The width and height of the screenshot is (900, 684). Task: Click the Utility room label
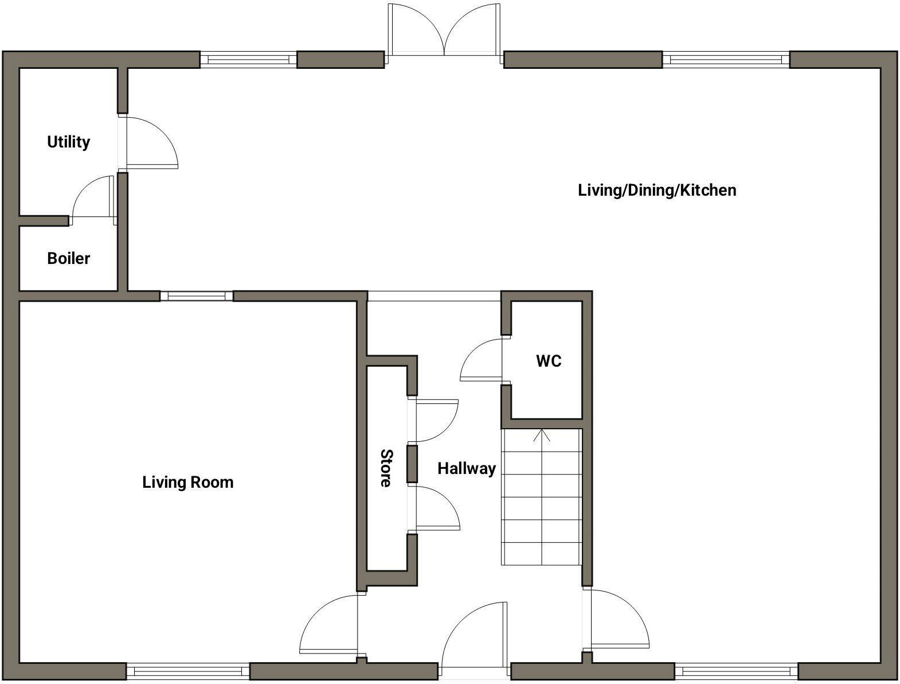click(68, 142)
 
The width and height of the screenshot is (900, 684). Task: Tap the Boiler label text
click(68, 258)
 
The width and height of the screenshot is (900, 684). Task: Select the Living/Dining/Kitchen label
click(657, 190)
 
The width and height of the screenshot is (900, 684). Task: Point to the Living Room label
click(187, 482)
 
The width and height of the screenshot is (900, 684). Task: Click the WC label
click(549, 361)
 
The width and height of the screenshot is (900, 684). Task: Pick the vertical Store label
click(386, 468)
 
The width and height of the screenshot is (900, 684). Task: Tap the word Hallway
click(466, 468)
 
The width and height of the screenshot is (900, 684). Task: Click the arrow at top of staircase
click(542, 436)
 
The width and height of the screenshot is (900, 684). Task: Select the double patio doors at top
click(444, 32)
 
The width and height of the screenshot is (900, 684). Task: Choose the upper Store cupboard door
click(436, 420)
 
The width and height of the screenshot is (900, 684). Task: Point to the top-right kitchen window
click(726, 59)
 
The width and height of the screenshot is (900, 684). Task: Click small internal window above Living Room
click(197, 296)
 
